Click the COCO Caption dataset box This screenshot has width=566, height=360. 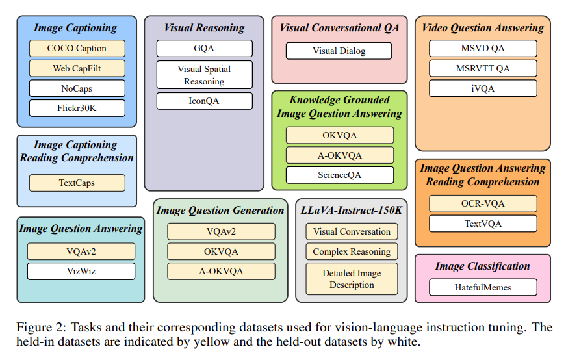[77, 48]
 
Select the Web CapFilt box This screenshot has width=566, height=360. [77, 68]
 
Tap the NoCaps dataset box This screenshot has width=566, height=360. [77, 88]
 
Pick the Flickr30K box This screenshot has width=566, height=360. [77, 108]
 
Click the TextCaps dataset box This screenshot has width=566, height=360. [77, 183]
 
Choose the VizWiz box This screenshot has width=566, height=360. [81, 271]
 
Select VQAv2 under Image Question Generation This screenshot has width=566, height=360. [222, 231]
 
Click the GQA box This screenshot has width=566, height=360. [204, 48]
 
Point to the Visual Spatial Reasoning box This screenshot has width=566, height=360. [204, 75]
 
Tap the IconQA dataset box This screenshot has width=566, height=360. [204, 101]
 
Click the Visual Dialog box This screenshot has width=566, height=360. [339, 51]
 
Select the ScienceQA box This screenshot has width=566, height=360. [340, 175]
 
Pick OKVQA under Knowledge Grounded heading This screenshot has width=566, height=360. [340, 135]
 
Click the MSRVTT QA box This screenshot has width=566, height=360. [483, 68]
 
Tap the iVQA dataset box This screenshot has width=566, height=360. [483, 88]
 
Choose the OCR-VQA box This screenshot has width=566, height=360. [483, 203]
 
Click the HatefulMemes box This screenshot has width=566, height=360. [483, 287]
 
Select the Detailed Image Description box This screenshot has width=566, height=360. [352, 279]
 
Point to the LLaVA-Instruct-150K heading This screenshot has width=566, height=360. [351, 210]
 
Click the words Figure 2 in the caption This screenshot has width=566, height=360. [40, 327]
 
